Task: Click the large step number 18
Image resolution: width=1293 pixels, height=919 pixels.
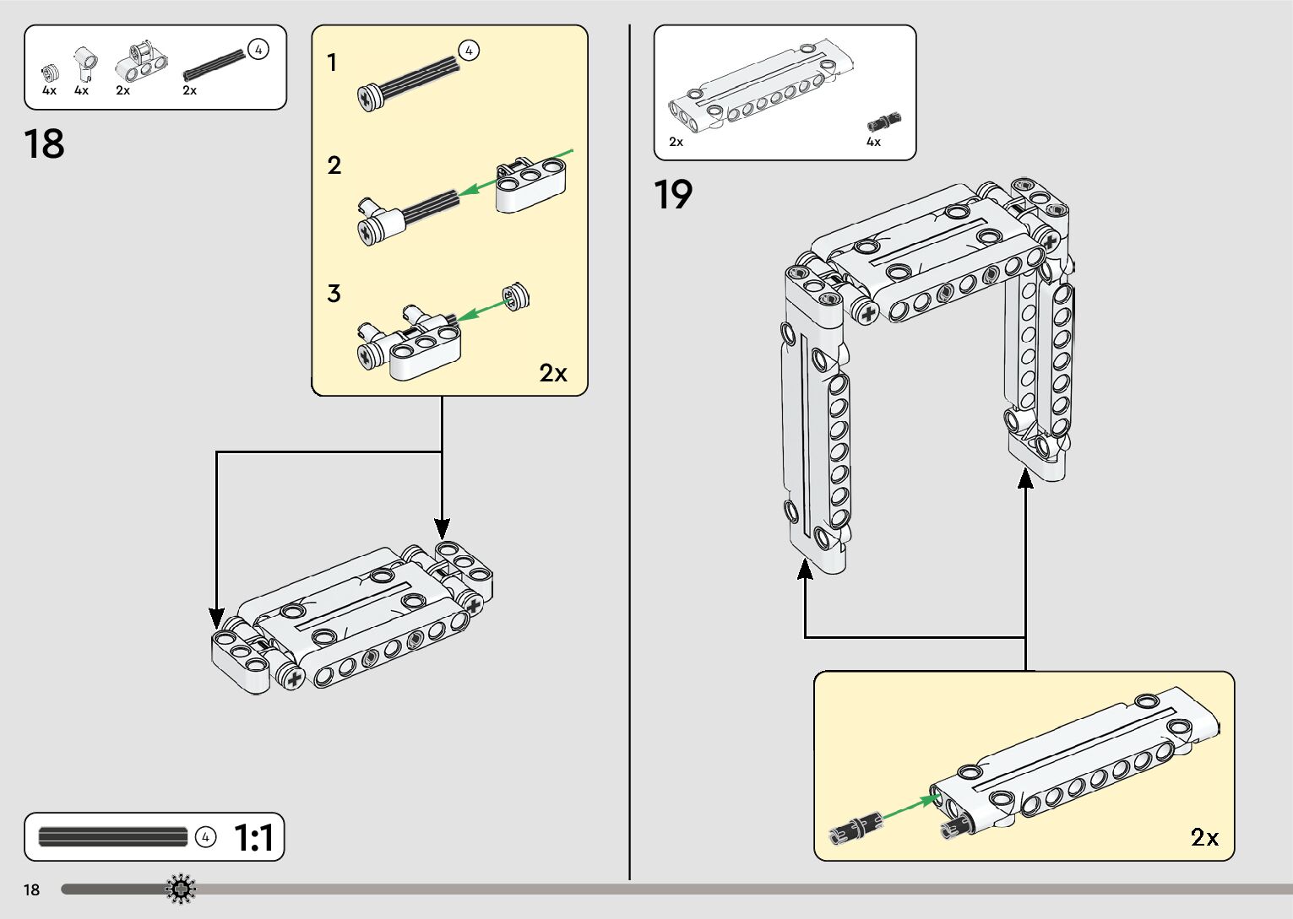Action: click(x=45, y=144)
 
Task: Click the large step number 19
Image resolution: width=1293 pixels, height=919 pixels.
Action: click(x=673, y=195)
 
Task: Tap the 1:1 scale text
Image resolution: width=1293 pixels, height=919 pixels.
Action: click(x=253, y=838)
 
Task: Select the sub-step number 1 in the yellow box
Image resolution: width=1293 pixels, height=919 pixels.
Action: click(x=332, y=63)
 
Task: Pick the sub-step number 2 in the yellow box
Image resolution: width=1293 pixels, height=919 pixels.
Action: click(x=334, y=165)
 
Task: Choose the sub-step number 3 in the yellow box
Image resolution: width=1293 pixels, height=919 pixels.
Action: click(x=334, y=294)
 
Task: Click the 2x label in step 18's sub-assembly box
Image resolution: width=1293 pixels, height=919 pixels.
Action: click(x=553, y=372)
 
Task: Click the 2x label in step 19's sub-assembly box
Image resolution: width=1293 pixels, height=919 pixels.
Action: click(x=1204, y=837)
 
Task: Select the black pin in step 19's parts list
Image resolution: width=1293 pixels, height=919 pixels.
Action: click(x=884, y=122)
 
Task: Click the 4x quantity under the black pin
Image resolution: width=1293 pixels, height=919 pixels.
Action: click(x=873, y=142)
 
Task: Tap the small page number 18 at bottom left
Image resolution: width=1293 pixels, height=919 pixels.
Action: click(x=32, y=889)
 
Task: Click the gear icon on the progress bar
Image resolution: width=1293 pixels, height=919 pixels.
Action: click(x=181, y=889)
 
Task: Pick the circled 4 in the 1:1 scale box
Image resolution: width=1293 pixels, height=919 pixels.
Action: click(x=205, y=837)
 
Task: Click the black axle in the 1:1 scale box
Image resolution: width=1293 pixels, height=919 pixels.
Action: click(x=112, y=837)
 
